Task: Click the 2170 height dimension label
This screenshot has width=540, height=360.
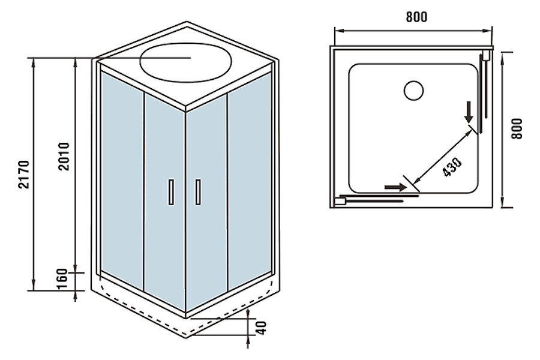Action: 23,174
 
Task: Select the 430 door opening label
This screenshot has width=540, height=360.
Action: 452,167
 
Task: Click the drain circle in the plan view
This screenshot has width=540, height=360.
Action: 413,90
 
